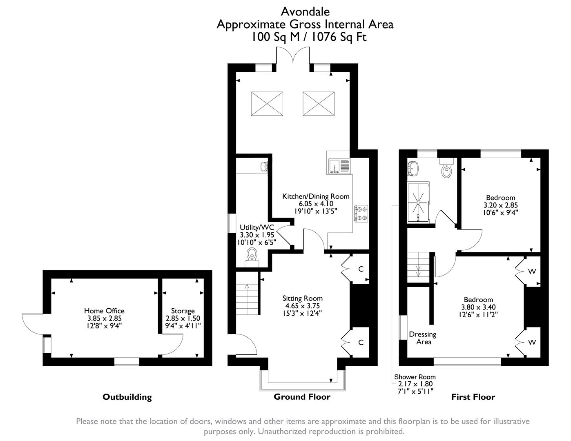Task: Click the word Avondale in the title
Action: [x=305, y=11]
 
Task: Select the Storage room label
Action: [x=183, y=311]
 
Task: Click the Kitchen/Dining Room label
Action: [x=316, y=196]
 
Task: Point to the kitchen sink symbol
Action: [x=339, y=166]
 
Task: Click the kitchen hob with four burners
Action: [x=361, y=214]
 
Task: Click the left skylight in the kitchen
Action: [x=267, y=103]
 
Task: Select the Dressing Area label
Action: [x=423, y=338]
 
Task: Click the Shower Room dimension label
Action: [x=415, y=384]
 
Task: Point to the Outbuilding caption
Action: [x=127, y=396]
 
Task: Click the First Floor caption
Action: [x=473, y=396]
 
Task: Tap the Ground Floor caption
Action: [x=302, y=396]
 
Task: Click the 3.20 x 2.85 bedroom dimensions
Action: [x=500, y=205]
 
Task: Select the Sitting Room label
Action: [x=302, y=298]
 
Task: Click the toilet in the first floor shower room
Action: [x=446, y=169]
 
